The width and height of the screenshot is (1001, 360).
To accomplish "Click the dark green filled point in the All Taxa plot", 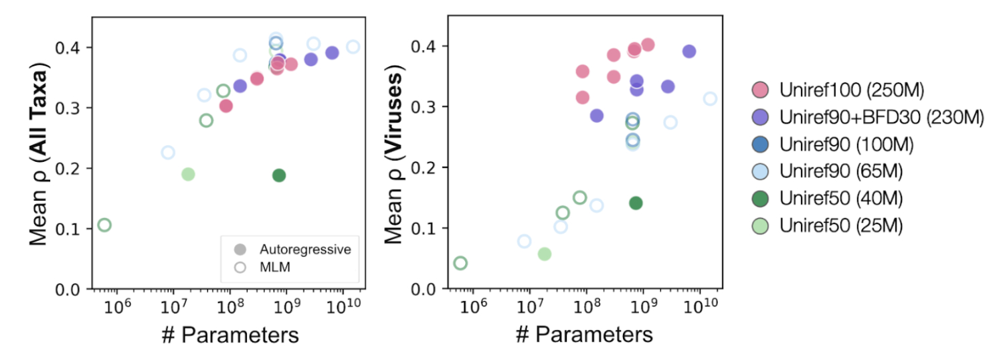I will pos(279,175).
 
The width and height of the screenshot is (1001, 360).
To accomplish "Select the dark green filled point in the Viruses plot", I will pos(636,203).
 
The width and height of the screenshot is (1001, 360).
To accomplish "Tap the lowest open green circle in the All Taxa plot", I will pos(104,225).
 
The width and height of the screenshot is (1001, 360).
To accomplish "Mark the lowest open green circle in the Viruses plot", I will pos(460,263).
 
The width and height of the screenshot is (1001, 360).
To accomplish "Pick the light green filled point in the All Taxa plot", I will pos(188,174).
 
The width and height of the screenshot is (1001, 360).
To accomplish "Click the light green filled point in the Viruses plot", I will pos(545,254).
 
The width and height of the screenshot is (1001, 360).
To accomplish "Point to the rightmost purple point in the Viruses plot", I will pos(689,52).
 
